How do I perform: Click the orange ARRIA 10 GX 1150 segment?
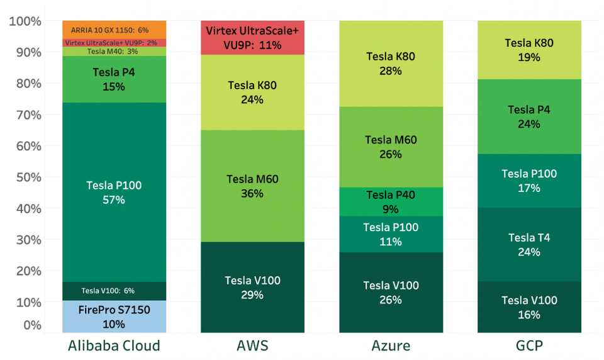[x=114, y=29]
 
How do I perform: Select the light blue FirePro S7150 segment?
[x=114, y=317]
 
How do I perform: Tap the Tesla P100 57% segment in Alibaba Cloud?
[x=114, y=192]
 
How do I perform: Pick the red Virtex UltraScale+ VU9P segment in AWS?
[x=252, y=38]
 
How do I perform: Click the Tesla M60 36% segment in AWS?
[x=252, y=186]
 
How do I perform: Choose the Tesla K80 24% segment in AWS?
[x=252, y=93]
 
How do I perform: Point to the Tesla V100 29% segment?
[x=252, y=288]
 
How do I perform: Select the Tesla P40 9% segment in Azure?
[x=391, y=201]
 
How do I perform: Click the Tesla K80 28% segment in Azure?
[x=391, y=64]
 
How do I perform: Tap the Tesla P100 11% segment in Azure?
[x=391, y=234]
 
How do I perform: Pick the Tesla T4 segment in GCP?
[x=529, y=244]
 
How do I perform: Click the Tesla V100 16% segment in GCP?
[x=529, y=307]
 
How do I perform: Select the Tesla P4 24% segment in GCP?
[x=529, y=116]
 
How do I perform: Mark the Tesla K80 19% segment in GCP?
[x=529, y=50]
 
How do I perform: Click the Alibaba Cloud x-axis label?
[x=114, y=346]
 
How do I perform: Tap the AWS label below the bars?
[x=252, y=346]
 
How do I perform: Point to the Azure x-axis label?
[x=391, y=346]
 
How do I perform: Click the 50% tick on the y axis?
[x=26, y=177]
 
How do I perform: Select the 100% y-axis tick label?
[x=26, y=21]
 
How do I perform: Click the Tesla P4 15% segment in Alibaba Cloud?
[x=114, y=79]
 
